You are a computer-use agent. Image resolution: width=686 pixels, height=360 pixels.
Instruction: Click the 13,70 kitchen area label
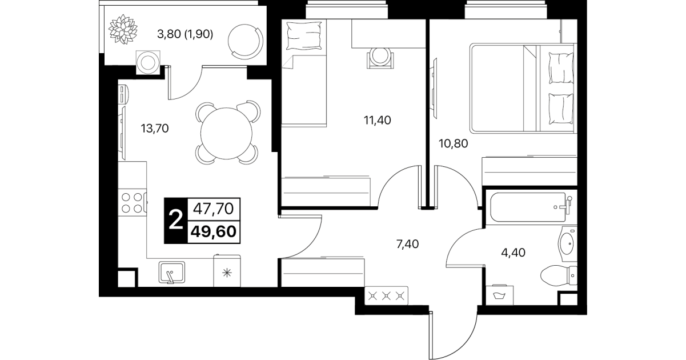[155, 129]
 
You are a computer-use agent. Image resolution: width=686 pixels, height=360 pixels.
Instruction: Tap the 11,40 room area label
[378, 120]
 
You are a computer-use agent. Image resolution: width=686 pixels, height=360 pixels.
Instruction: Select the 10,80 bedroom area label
[454, 143]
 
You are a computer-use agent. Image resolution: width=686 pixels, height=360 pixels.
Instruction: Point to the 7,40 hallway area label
[407, 244]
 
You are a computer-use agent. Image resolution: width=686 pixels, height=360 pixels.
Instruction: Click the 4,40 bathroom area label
[513, 253]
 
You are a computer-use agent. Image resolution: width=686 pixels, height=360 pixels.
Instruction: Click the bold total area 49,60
[214, 231]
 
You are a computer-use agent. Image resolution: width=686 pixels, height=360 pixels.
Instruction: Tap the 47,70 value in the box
[214, 209]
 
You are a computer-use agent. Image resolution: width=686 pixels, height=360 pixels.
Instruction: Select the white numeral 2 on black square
[176, 221]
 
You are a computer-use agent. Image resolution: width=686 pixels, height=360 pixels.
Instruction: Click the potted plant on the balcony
[123, 29]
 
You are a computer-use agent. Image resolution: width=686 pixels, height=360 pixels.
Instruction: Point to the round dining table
[226, 133]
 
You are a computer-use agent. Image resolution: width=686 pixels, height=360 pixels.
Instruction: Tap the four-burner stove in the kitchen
[133, 202]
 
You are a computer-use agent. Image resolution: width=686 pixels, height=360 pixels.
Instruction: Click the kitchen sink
[172, 273]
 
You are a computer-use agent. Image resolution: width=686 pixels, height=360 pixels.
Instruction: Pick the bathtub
[529, 207]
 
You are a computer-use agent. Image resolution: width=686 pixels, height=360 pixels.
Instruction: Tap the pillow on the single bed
[304, 36]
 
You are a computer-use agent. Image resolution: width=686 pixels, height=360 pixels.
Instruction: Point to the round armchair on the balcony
[246, 42]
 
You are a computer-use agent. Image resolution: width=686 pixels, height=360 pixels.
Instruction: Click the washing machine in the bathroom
[499, 295]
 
